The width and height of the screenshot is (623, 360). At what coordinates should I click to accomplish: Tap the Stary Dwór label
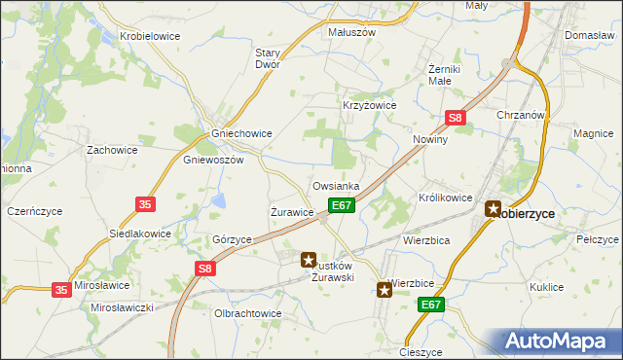pyautogui.click(x=268, y=58)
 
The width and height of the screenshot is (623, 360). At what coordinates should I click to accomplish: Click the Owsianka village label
pyautogui.click(x=337, y=185)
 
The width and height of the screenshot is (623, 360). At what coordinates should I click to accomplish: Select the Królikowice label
pyautogui.click(x=446, y=198)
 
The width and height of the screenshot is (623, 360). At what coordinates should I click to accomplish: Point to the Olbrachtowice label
pyautogui.click(x=247, y=313)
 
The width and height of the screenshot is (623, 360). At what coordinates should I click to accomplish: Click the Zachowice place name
pyautogui.click(x=112, y=150)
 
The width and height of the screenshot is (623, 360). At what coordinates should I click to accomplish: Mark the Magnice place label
pyautogui.click(x=592, y=133)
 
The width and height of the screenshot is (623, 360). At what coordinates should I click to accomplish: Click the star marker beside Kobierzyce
pyautogui.click(x=494, y=208)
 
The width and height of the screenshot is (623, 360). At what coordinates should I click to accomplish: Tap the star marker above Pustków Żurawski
pyautogui.click(x=310, y=260)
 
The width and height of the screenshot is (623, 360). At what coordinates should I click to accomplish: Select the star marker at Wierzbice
pyautogui.click(x=385, y=289)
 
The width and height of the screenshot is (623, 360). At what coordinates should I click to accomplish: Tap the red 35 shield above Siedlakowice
pyautogui.click(x=145, y=204)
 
